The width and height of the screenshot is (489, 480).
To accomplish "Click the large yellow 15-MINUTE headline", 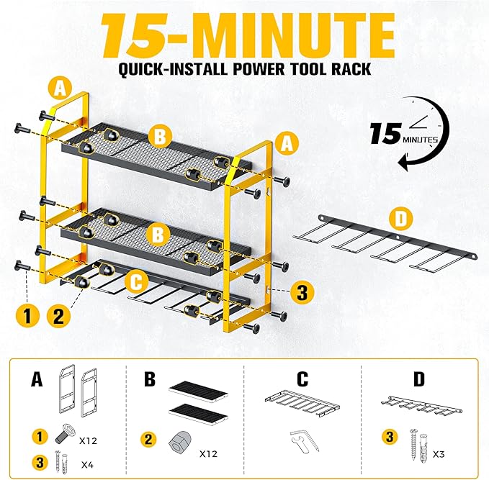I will coord(244,37).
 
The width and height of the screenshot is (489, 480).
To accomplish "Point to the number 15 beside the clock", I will coord(385,135).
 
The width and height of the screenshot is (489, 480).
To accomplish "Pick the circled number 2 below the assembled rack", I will coord(60,314).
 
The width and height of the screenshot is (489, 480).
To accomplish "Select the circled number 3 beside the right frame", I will coord(303,291).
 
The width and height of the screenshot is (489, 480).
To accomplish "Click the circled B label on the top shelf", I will coord(160,135).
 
